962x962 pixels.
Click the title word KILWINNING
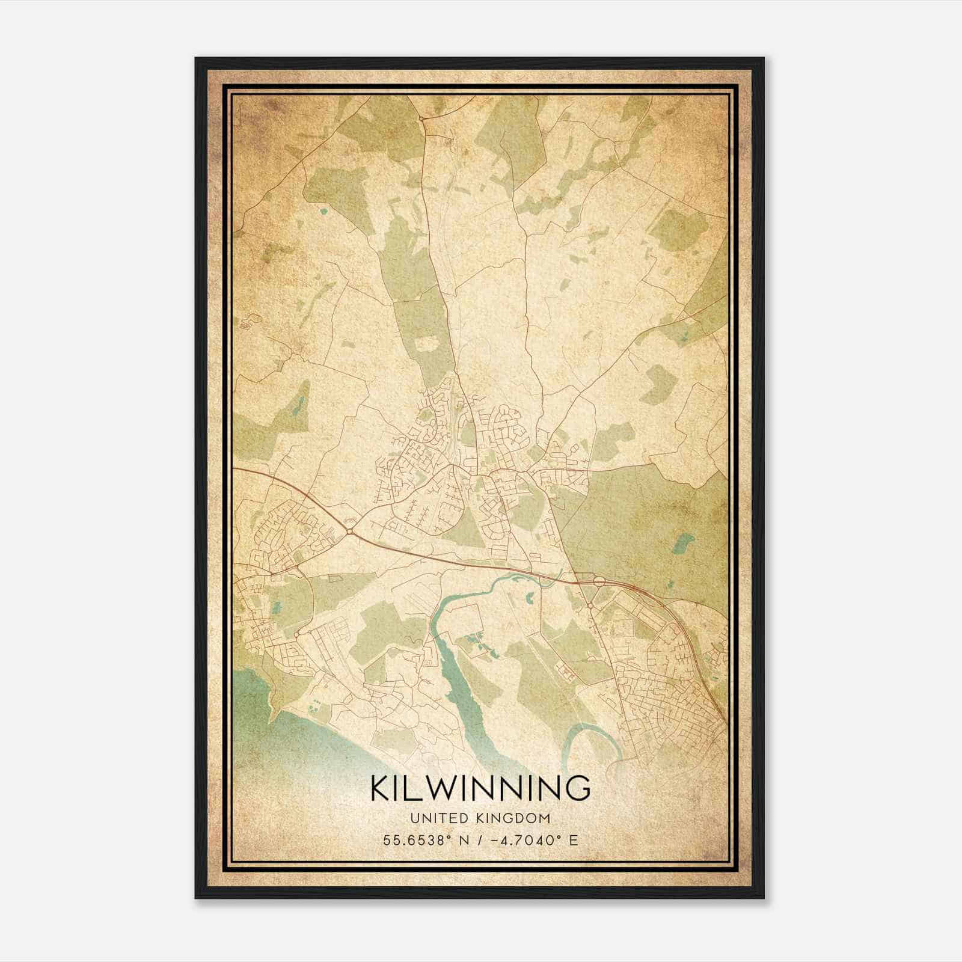tap(480, 788)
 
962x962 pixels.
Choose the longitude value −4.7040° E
tap(536, 840)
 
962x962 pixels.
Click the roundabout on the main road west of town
tap(349, 530)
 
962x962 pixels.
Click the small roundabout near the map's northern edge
tap(423, 119)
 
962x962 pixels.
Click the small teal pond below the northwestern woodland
tap(324, 211)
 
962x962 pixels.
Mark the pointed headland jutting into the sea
tap(277, 712)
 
